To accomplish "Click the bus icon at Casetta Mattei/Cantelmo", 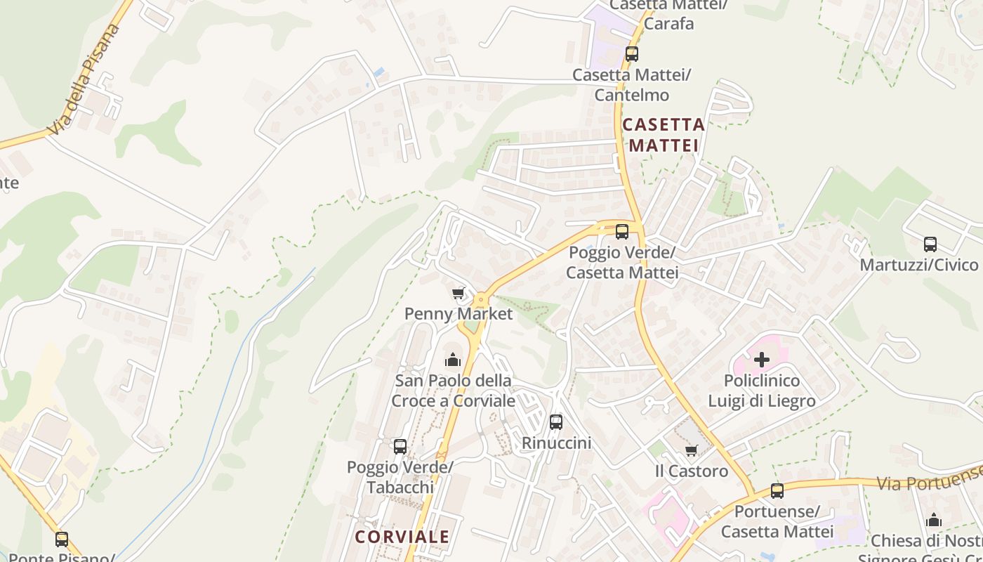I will click(632, 53).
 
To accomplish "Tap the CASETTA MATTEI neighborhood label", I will click(663, 135).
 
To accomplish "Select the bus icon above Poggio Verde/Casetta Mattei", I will click(622, 231).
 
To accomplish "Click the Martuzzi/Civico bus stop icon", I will click(930, 244).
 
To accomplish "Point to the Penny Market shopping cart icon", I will click(458, 293).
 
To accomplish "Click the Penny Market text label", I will click(458, 314).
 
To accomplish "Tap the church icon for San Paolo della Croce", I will click(453, 360).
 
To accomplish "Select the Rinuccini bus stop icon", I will click(556, 421).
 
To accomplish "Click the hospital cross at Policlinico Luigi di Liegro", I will click(762, 360).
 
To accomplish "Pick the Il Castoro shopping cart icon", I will click(692, 450).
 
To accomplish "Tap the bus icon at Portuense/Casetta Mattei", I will click(777, 491).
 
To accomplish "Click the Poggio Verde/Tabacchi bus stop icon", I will click(400, 446).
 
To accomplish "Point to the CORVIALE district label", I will click(402, 537).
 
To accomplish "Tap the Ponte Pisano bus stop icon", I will click(62, 539).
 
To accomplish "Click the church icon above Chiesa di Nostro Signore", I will click(934, 520).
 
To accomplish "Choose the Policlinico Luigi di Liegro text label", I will click(762, 391).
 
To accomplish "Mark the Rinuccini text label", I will click(556, 443).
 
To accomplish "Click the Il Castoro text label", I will click(692, 471).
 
